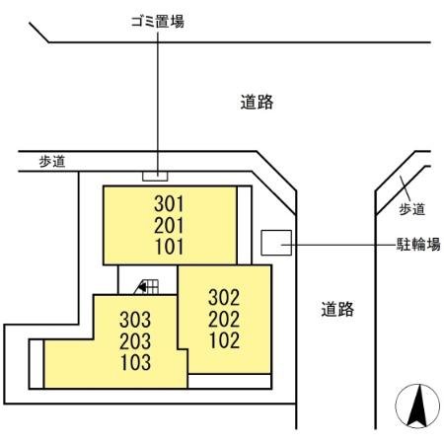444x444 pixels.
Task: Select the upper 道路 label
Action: (x=257, y=101)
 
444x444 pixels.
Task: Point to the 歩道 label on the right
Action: (x=412, y=209)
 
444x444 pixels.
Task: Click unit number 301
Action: (x=170, y=204)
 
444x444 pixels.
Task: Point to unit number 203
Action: (x=135, y=341)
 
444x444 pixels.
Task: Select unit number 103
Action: (x=135, y=361)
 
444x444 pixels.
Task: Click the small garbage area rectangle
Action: (x=156, y=177)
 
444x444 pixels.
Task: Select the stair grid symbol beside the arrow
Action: (x=153, y=286)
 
